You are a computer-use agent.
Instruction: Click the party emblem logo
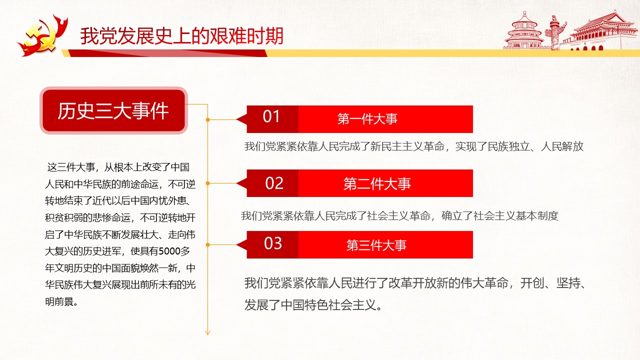[x=43, y=35]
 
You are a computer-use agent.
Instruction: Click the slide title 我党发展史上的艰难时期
[x=181, y=36]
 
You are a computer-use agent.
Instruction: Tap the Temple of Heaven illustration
[x=524, y=31]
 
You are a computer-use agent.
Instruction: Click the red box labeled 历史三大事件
[x=113, y=110]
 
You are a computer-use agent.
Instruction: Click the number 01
[x=271, y=116]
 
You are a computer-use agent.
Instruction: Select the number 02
[x=274, y=183]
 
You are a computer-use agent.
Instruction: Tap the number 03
[x=273, y=243]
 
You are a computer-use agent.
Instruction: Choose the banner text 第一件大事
[x=367, y=119]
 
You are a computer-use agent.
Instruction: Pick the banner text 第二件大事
[x=377, y=183]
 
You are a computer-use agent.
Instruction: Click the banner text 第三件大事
[x=376, y=245]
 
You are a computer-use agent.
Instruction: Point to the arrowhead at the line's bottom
[x=207, y=332]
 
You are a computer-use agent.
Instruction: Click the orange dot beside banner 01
[x=207, y=119]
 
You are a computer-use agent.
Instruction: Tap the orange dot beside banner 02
[x=207, y=183]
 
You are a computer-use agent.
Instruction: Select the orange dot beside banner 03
[x=207, y=245]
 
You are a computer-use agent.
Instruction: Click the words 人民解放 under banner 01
[x=562, y=146]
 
